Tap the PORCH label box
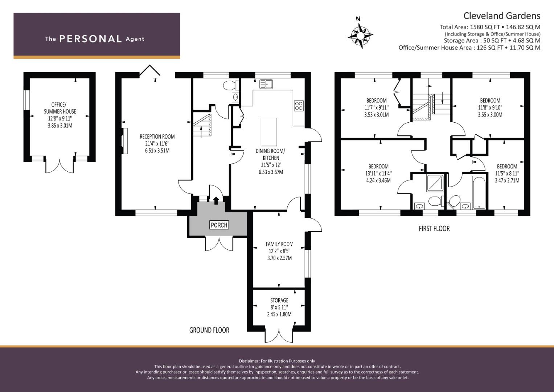[219, 225]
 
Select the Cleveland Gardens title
[502, 16]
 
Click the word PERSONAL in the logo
[91, 39]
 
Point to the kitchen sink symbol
[266, 84]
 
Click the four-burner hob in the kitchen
[299, 106]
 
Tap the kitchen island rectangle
[269, 132]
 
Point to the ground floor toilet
[231, 85]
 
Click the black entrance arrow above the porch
[216, 200]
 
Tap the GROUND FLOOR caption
[209, 330]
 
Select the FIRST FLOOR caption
[434, 228]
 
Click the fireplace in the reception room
[125, 141]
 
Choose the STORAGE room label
[279, 300]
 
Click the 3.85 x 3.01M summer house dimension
[60, 126]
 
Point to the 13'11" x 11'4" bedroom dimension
[378, 173]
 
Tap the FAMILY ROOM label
[279, 244]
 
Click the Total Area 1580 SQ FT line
[490, 27]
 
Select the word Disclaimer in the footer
[249, 361]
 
